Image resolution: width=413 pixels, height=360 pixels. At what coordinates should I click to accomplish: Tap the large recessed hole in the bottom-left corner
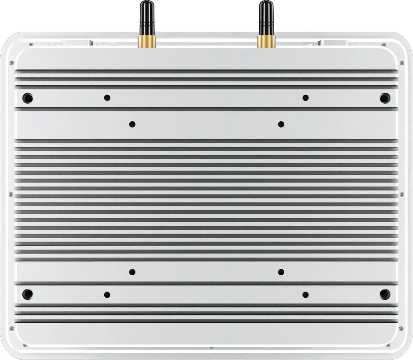click(x=28, y=293)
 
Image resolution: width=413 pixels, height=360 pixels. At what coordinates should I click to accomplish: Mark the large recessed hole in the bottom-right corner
click(x=385, y=293)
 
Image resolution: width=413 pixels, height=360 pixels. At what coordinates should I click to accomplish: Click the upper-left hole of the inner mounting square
click(x=132, y=124)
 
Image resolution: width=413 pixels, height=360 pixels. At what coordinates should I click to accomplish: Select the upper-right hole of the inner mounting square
click(x=281, y=124)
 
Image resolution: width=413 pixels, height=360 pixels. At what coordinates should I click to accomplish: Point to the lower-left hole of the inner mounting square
click(x=132, y=272)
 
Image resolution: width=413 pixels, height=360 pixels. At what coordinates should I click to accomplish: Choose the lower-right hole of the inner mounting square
click(x=281, y=272)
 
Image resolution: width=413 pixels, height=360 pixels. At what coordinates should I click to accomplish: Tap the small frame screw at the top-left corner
click(x=12, y=62)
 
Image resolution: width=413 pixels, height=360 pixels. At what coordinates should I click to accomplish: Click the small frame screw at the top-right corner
click(x=401, y=62)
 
